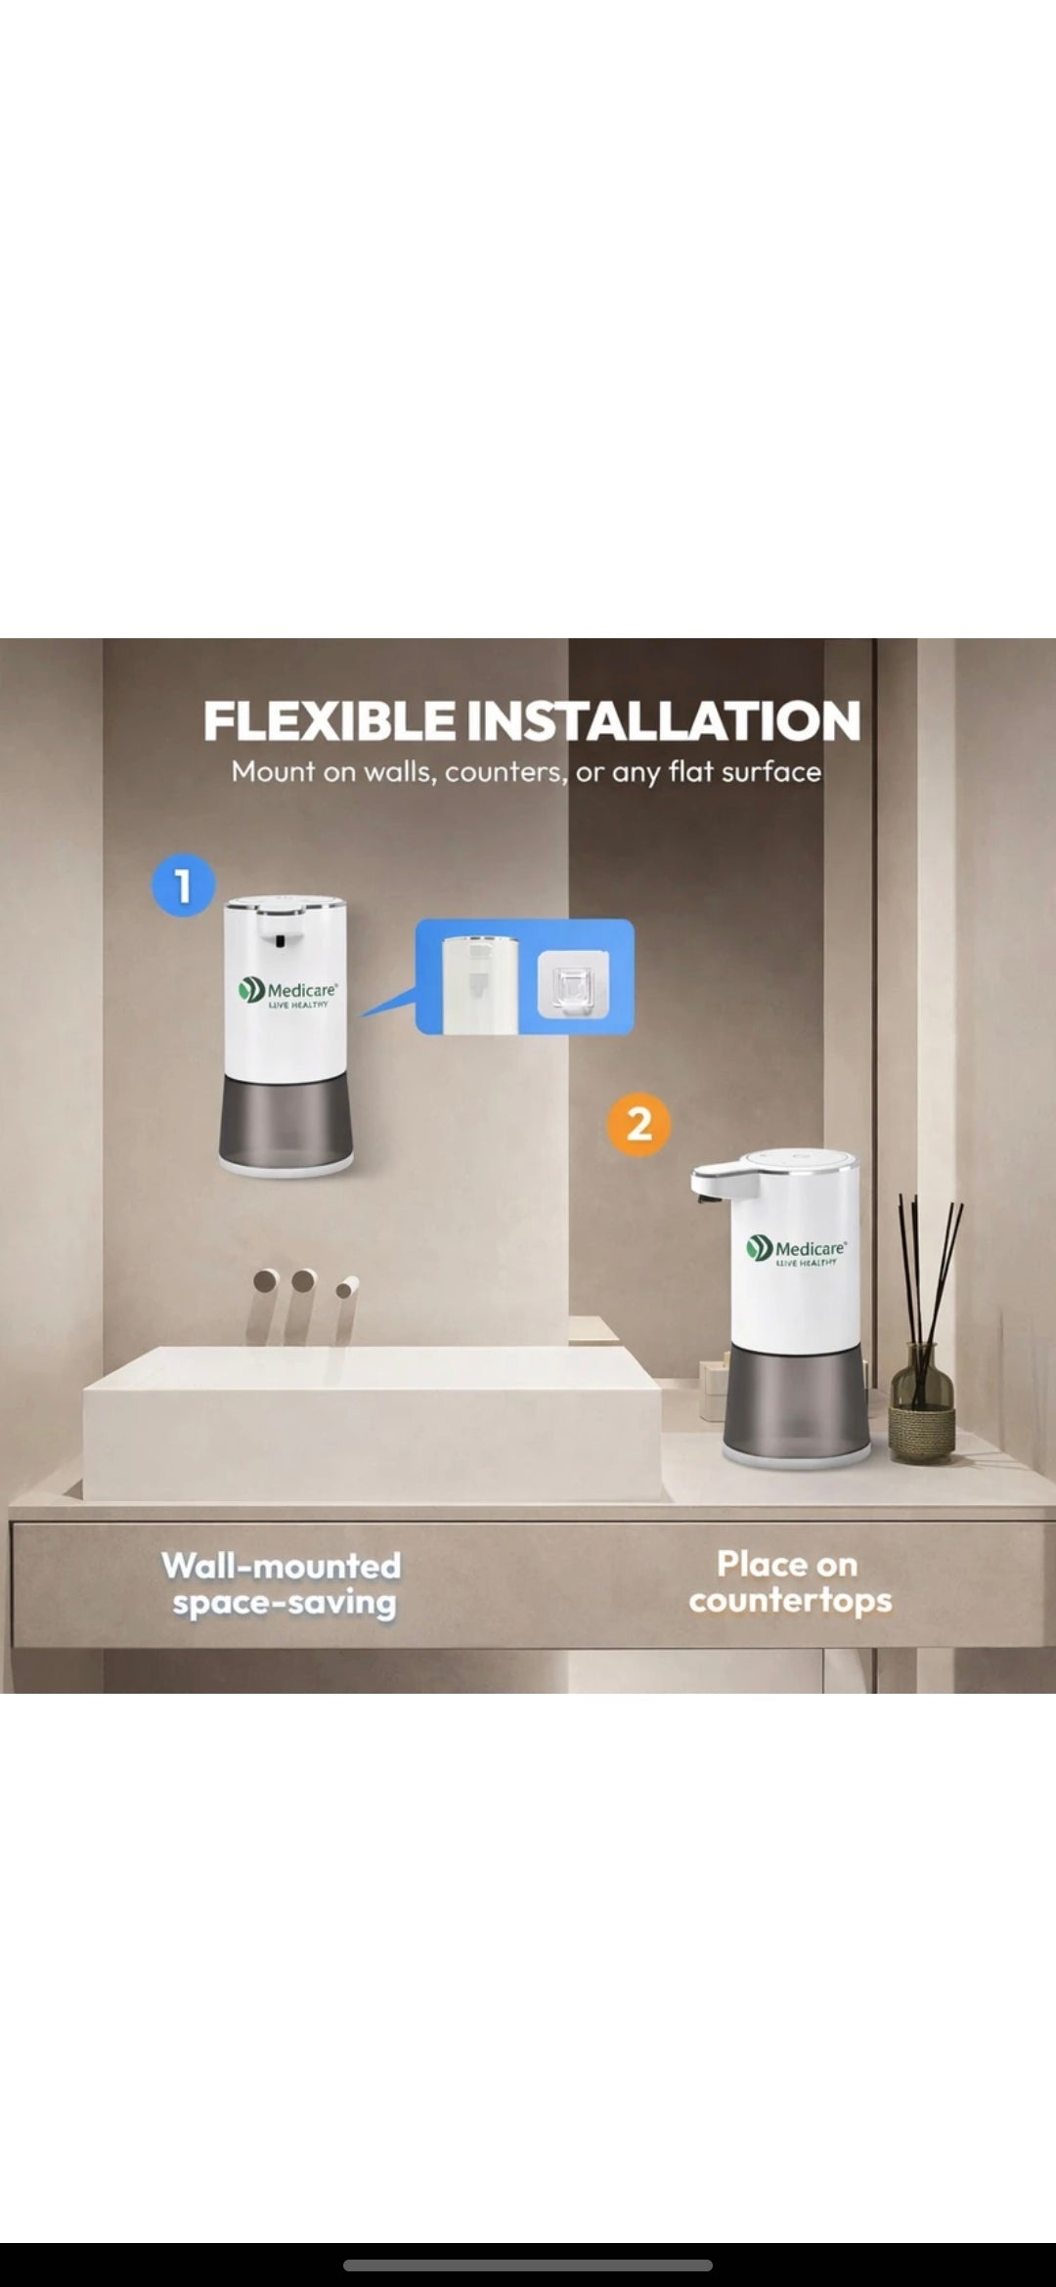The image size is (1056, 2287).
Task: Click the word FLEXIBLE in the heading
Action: [x=329, y=721]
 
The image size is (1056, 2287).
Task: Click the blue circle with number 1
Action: [x=183, y=885]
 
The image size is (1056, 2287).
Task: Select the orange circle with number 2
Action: [x=638, y=1124]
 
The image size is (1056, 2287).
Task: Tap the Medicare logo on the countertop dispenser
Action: [x=796, y=1250]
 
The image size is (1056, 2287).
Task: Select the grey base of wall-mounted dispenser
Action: [x=286, y=1119]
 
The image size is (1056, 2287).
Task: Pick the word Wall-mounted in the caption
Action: [x=282, y=1566]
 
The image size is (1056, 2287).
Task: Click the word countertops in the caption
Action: [x=790, y=1601]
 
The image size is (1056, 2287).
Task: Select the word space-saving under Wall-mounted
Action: [x=284, y=1603]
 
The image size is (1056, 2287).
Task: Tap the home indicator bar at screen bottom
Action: [x=528, y=2265]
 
